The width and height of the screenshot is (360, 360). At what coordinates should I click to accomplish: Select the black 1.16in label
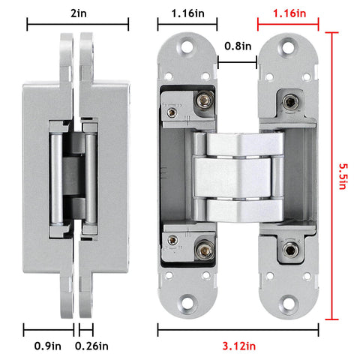(x=187, y=13)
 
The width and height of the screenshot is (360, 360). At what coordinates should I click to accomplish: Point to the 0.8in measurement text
(x=238, y=46)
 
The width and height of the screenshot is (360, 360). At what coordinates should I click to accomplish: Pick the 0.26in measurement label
(x=91, y=346)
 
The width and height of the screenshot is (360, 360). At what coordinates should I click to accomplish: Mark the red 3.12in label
(x=238, y=346)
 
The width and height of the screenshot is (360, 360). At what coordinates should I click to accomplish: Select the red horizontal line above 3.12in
(x=238, y=328)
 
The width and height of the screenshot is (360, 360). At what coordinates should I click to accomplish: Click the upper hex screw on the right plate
(x=289, y=100)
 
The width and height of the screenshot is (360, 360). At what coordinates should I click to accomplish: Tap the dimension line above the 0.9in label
(x=50, y=328)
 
